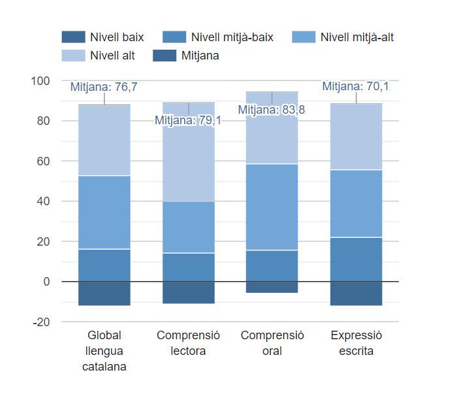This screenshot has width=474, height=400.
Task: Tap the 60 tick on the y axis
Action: [42, 161]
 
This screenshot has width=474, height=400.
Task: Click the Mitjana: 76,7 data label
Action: [104, 87]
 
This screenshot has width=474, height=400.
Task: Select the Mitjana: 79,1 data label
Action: [187, 120]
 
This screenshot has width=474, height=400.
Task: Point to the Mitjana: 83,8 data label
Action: [271, 110]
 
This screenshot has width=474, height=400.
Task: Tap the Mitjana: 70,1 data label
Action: [355, 86]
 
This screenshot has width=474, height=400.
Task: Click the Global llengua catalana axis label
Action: [104, 351]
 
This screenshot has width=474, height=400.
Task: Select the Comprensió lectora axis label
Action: [188, 343]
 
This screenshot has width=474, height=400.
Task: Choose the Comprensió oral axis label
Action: [272, 343]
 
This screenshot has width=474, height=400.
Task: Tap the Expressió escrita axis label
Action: [356, 343]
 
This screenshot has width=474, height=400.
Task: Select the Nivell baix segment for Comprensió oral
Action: [272, 287]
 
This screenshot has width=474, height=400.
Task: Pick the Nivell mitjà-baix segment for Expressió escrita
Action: [356, 259]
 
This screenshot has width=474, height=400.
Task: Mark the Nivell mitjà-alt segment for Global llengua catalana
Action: [104, 212]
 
